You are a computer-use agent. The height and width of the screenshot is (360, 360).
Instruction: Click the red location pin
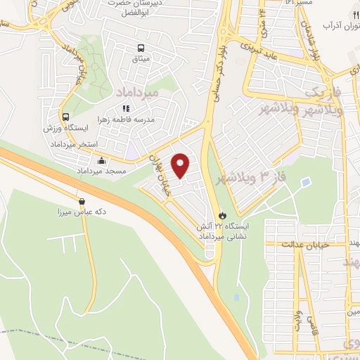pos(181,164)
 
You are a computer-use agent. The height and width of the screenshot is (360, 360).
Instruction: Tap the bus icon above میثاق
pos(141,49)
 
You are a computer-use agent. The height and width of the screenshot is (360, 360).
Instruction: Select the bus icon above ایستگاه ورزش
pos(65,117)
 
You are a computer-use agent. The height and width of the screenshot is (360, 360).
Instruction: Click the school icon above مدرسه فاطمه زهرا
pos(127,108)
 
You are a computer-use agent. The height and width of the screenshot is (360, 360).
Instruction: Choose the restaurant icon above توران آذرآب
pos(337,14)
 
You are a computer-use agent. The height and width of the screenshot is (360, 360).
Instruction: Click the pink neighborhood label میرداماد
pos(130,92)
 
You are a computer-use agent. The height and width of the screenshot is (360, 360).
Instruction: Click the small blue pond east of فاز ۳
pos(305,183)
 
